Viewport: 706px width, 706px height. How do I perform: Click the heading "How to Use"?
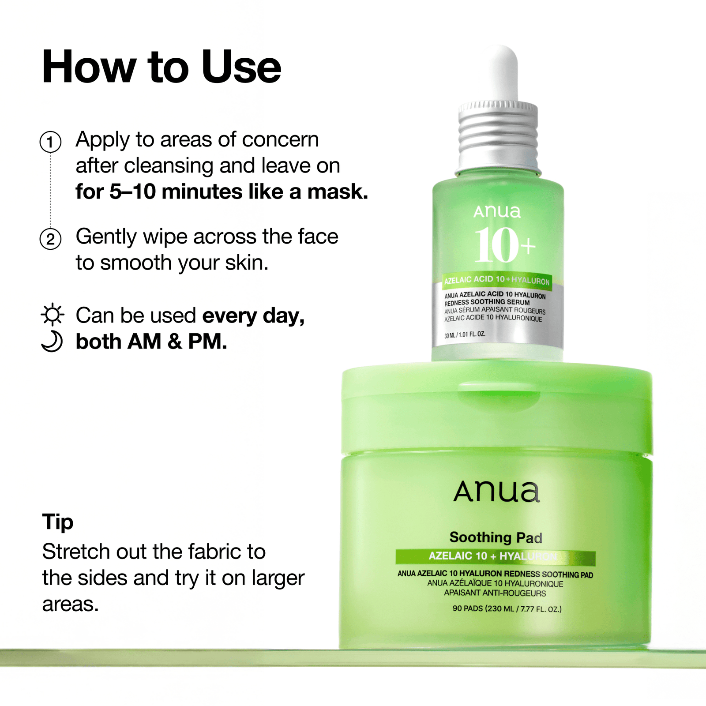pyautogui.click(x=161, y=67)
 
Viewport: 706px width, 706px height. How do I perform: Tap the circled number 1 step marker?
pyautogui.click(x=50, y=142)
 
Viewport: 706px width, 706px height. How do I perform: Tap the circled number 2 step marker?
pyautogui.click(x=50, y=239)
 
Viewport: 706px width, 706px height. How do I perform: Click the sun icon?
pyautogui.click(x=53, y=315)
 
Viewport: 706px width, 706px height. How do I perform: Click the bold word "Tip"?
pyautogui.click(x=58, y=522)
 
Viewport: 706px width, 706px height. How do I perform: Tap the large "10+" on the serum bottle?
pyautogui.click(x=503, y=245)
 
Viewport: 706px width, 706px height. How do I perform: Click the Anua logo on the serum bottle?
pyautogui.click(x=497, y=212)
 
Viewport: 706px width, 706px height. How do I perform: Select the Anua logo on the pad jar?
pyautogui.click(x=496, y=492)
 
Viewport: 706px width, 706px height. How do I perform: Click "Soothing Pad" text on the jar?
pyautogui.click(x=496, y=537)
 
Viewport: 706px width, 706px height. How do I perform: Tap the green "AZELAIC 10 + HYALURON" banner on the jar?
pyautogui.click(x=495, y=556)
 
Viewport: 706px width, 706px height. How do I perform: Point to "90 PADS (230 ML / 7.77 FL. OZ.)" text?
pyautogui.click(x=507, y=609)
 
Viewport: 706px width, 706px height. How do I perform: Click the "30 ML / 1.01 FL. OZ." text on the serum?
pyautogui.click(x=465, y=335)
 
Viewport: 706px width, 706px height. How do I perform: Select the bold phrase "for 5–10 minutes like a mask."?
pyautogui.click(x=222, y=192)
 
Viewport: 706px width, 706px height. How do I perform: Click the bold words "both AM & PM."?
pyautogui.click(x=151, y=342)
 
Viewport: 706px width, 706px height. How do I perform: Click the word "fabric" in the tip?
pyautogui.click(x=214, y=552)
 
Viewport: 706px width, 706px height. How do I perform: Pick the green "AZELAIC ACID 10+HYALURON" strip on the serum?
pyautogui.click(x=497, y=280)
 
